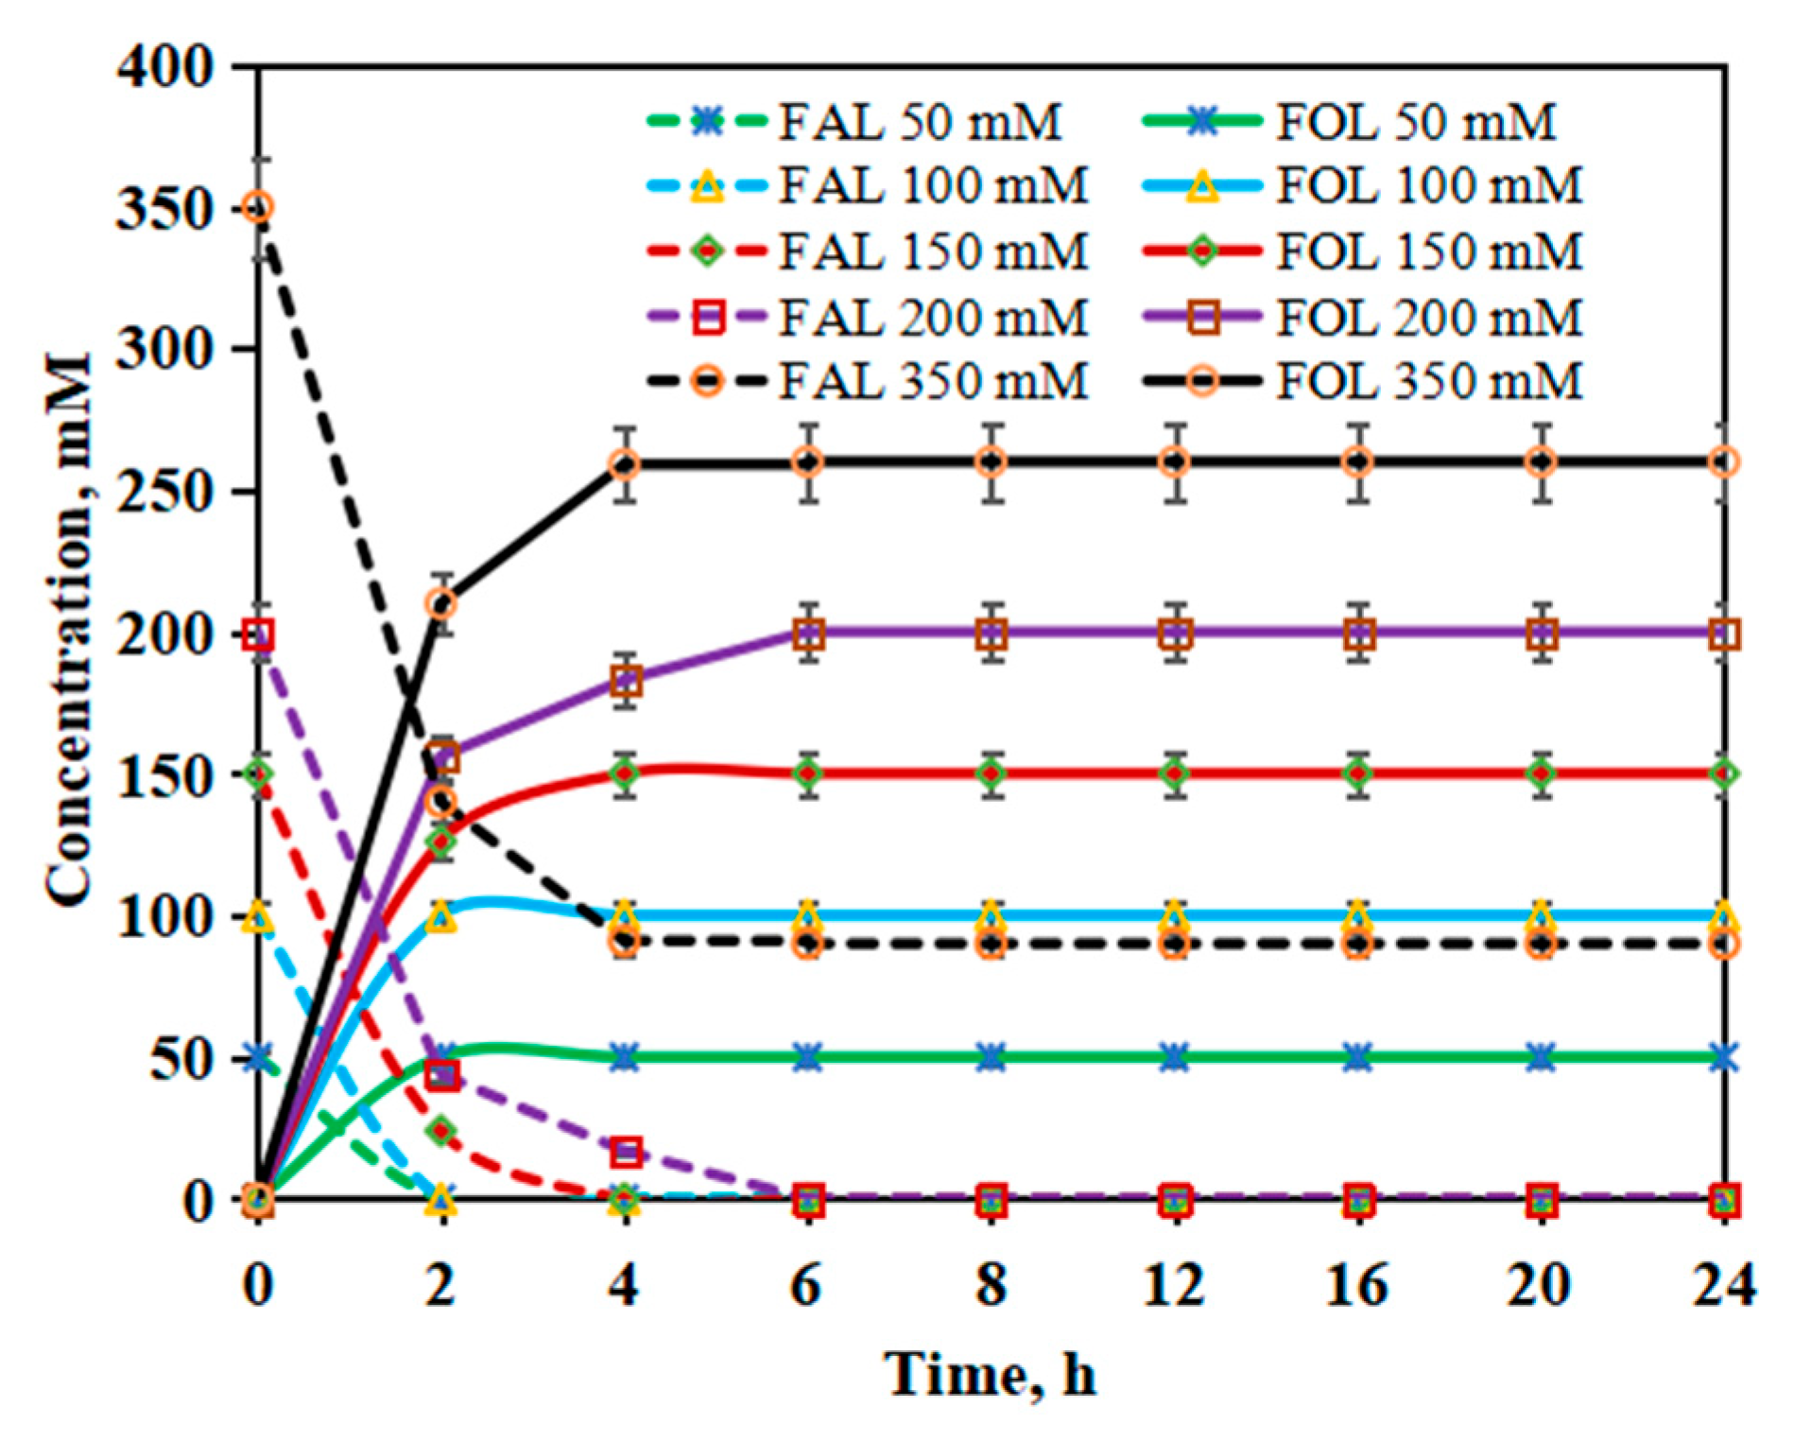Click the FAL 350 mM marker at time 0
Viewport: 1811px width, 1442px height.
click(x=258, y=207)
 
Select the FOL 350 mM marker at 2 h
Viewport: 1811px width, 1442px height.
click(x=441, y=603)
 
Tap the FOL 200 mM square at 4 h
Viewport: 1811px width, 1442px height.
click(x=626, y=681)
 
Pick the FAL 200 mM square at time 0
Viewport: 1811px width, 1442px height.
click(x=258, y=634)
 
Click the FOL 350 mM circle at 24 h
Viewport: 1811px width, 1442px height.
click(x=1724, y=462)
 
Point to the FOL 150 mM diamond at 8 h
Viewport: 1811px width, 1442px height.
click(x=991, y=773)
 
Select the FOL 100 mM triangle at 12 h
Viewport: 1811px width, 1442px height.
click(x=1174, y=915)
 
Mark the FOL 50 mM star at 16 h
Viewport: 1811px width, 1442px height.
click(x=1357, y=1057)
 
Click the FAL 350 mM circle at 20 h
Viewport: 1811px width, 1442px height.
click(x=1542, y=944)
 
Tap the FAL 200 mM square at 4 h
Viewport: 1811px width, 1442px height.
click(x=626, y=1152)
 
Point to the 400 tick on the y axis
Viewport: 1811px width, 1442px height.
click(x=166, y=68)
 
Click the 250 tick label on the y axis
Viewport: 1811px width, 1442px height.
click(x=166, y=492)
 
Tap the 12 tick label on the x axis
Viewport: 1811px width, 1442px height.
click(x=1174, y=1285)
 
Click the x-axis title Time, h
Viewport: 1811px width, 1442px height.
click(x=991, y=1374)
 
